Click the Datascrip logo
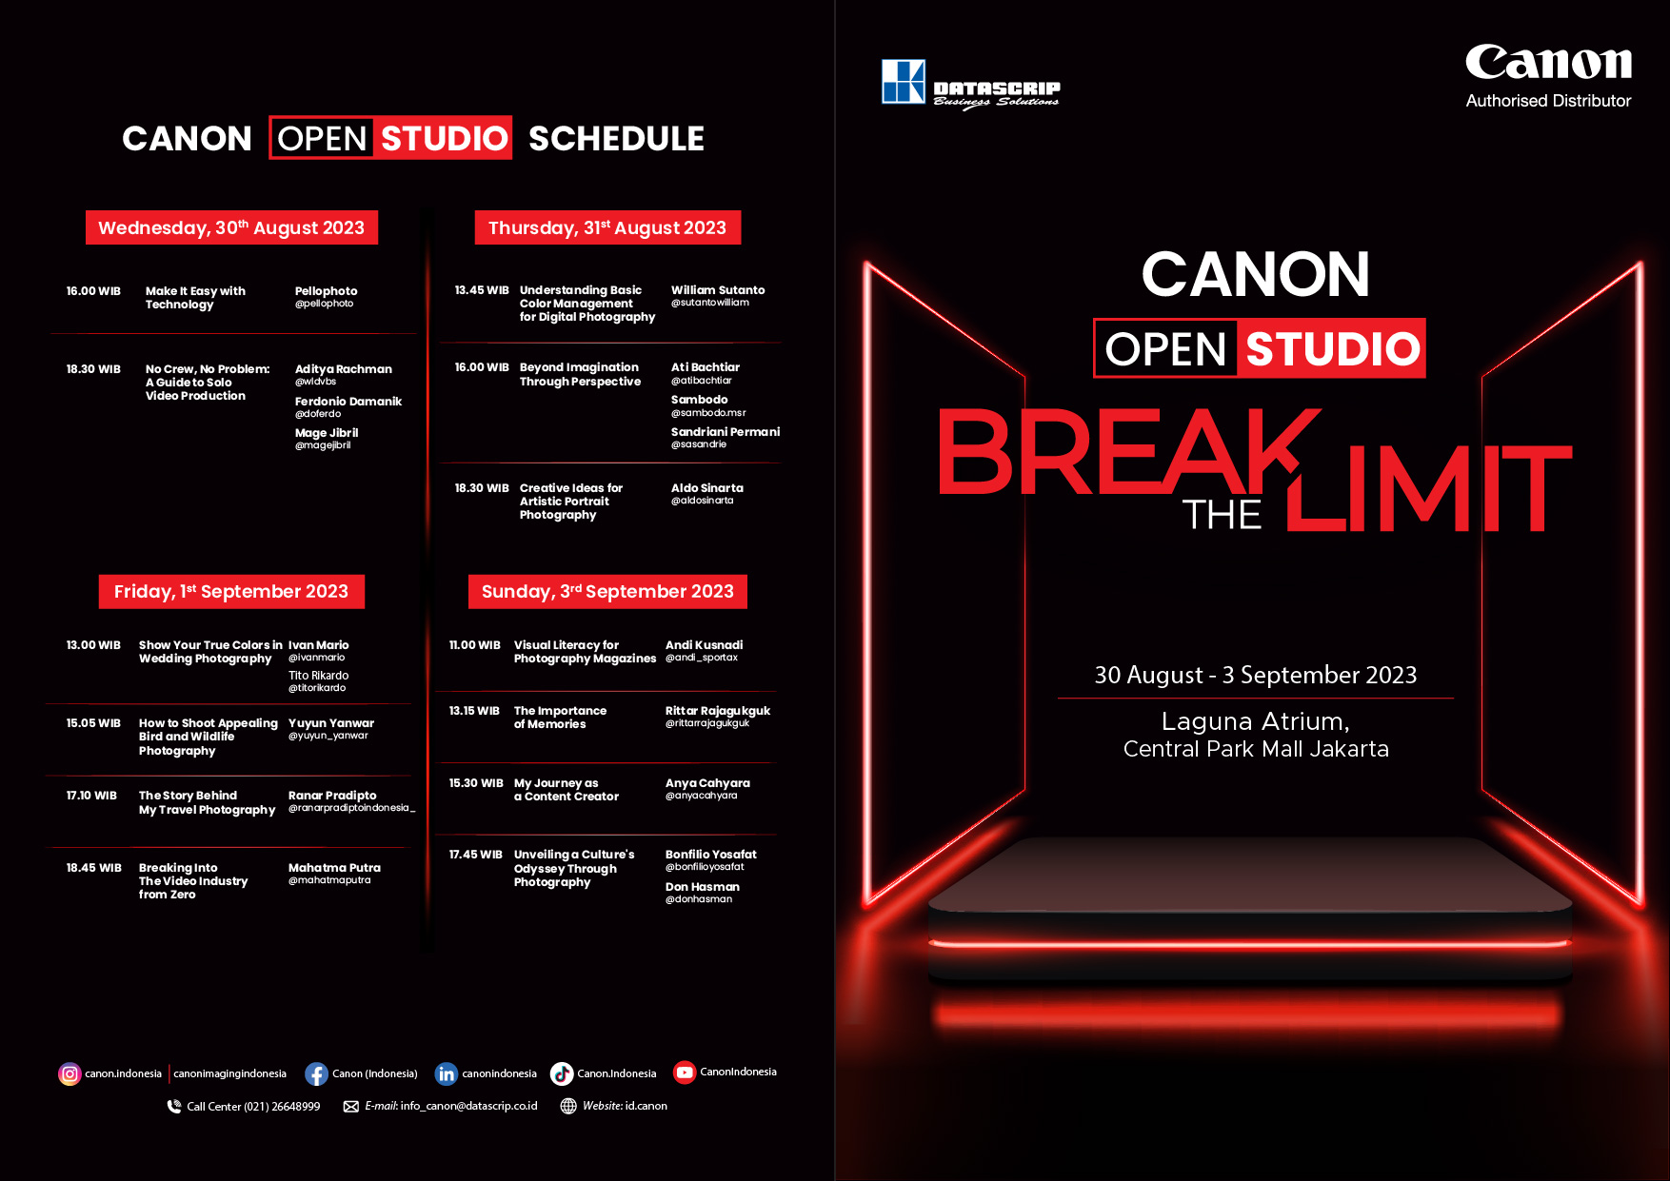970,84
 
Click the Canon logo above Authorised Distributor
1548,63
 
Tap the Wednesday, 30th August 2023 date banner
231,227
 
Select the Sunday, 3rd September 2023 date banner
607,591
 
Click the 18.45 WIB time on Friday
93,868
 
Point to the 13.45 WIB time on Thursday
482,290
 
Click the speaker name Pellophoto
327,291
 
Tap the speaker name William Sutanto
718,290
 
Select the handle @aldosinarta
703,501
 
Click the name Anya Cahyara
707,783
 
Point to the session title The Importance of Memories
560,718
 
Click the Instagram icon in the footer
70,1073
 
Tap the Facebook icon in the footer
316,1073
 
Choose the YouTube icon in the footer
685,1073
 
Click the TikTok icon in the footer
562,1073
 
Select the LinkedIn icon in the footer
447,1073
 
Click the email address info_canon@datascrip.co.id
469,1106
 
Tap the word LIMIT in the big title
1428,488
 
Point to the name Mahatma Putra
334,868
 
